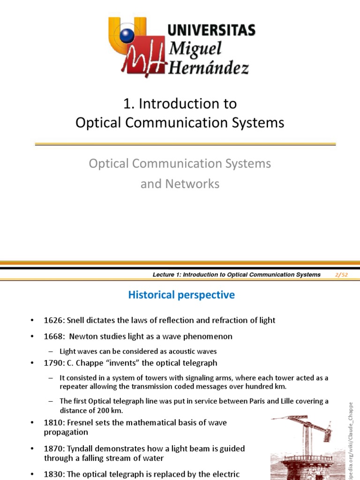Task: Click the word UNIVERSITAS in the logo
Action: click(x=211, y=31)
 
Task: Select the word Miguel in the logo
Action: click(x=195, y=48)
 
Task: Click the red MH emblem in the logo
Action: click(x=143, y=61)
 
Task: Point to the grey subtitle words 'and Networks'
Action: click(x=180, y=184)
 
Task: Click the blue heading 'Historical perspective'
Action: click(x=181, y=295)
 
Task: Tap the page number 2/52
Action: click(x=342, y=275)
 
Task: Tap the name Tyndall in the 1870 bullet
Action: click(x=82, y=449)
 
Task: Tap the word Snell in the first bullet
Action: click(x=76, y=321)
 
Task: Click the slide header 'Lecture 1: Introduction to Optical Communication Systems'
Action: click(x=237, y=275)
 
